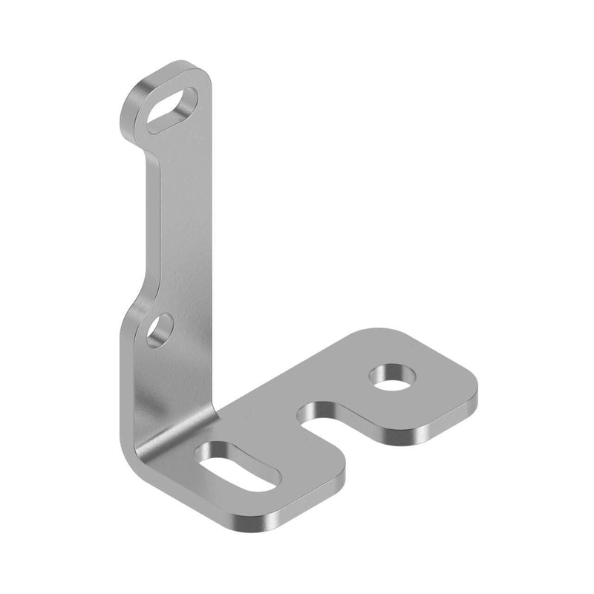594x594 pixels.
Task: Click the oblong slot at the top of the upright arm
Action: (172, 110)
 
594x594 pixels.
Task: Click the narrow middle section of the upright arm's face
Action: (186, 223)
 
